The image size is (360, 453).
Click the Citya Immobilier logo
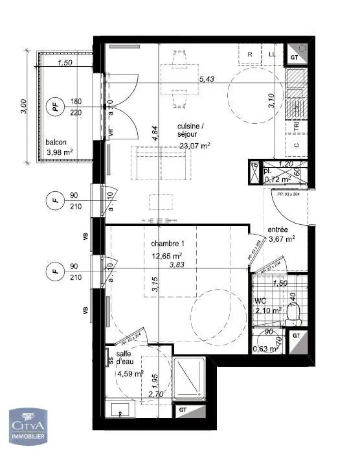[x=27, y=428]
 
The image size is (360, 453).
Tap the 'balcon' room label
[x=56, y=143]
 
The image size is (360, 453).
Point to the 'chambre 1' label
[x=168, y=243]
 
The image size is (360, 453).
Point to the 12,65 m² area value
[x=167, y=255]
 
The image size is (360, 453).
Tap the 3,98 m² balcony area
[x=60, y=153]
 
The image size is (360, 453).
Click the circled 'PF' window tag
[x=56, y=106]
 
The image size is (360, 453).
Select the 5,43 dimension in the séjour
[x=206, y=79]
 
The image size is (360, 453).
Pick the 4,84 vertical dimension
[x=155, y=134]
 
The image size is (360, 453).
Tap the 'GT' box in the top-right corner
[x=295, y=57]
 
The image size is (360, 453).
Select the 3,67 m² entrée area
[x=282, y=238]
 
